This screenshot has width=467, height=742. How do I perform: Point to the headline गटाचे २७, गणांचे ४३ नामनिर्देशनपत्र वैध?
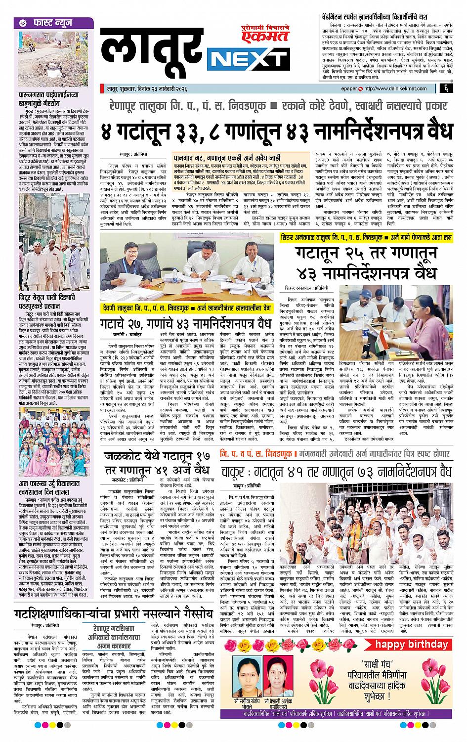(x=186, y=326)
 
